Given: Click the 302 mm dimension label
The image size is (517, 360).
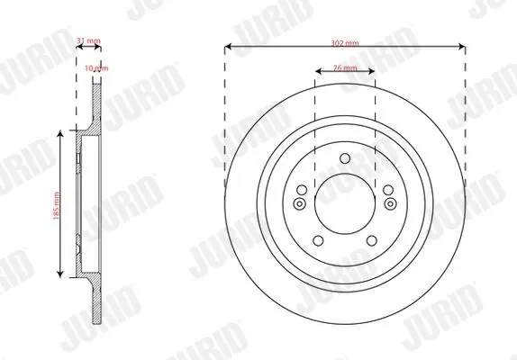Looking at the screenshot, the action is click(x=345, y=43).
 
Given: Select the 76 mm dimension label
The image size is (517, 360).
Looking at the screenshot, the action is click(x=345, y=67).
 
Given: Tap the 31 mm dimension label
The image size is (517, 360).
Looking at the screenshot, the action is click(x=88, y=40).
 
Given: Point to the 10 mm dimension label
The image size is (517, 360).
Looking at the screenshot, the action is click(x=96, y=68).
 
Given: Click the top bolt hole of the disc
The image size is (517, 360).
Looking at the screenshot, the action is click(x=345, y=158).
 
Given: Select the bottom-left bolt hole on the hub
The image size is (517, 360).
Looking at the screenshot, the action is click(x=318, y=241).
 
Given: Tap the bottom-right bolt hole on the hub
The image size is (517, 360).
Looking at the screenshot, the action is click(x=372, y=241).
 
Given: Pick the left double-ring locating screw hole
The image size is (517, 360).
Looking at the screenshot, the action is click(x=299, y=204).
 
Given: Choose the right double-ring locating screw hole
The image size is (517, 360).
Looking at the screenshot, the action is click(x=390, y=204).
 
